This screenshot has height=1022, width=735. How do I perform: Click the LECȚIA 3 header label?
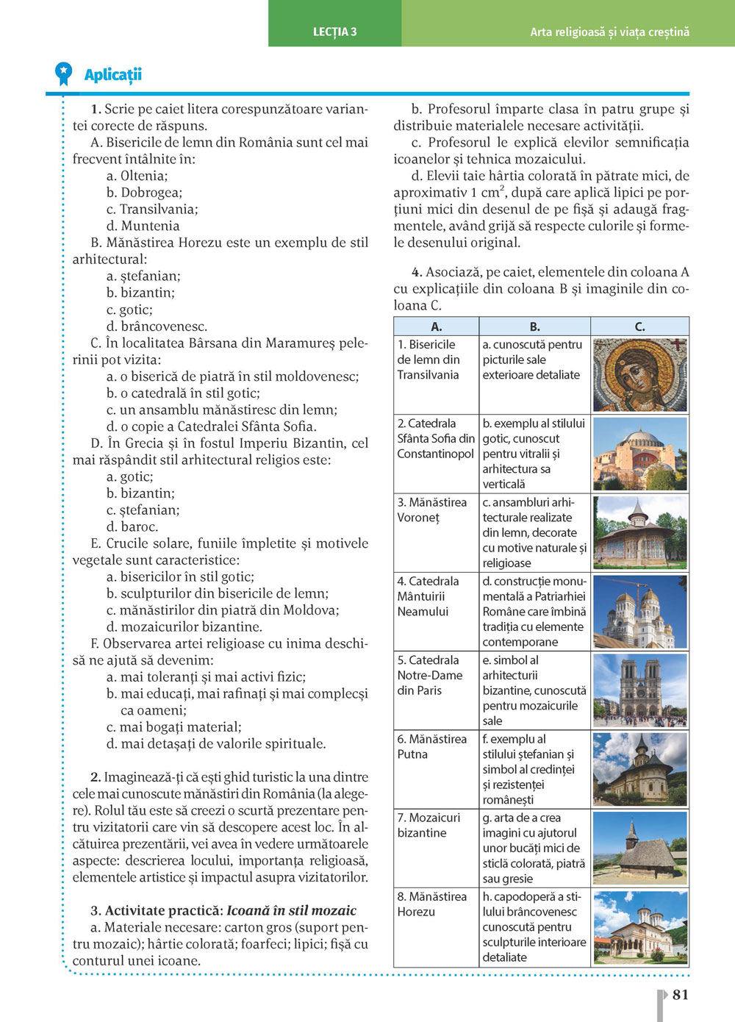pos(334,32)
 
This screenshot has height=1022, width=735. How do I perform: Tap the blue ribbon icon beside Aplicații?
pos(64,74)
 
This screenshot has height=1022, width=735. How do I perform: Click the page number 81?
pos(681,994)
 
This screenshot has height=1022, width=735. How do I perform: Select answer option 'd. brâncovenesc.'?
pos(157,326)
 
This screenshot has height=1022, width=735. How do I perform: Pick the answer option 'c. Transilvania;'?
pos(151,209)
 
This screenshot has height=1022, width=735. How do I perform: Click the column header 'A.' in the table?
pos(436,326)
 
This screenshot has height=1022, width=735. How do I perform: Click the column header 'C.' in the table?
pos(639,326)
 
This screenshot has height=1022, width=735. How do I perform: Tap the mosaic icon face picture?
pos(639,374)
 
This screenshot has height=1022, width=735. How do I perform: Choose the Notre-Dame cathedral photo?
pos(639,690)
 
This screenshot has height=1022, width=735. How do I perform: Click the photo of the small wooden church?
pos(639,848)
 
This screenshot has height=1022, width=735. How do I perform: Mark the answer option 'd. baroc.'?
pos(132,526)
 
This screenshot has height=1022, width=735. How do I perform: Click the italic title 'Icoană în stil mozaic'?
pos(291,910)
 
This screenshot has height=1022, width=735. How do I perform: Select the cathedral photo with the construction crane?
pos(639,611)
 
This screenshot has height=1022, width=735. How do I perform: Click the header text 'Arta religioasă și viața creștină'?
pos(609,32)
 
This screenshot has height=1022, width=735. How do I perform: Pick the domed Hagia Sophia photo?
pos(639,453)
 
